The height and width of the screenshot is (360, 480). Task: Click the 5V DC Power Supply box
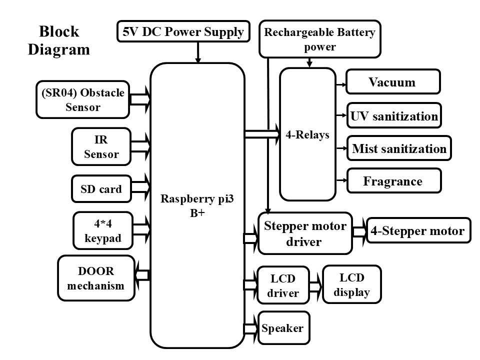pyautogui.click(x=182, y=32)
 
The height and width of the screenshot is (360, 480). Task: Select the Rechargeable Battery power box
pyautogui.click(x=319, y=39)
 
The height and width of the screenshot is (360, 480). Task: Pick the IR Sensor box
pyautogui.click(x=101, y=146)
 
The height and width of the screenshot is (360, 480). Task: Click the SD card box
pyautogui.click(x=101, y=189)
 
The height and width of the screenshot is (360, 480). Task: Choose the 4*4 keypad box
pyautogui.click(x=102, y=230)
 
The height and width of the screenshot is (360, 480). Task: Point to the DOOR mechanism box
pyautogui.click(x=96, y=278)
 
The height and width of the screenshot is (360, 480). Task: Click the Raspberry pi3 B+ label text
pyautogui.click(x=197, y=205)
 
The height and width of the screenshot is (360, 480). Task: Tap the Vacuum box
pyautogui.click(x=393, y=82)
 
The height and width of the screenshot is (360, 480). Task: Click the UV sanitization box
pyautogui.click(x=394, y=116)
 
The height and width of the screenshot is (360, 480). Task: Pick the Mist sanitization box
pyautogui.click(x=399, y=148)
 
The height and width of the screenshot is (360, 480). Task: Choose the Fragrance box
pyautogui.click(x=394, y=180)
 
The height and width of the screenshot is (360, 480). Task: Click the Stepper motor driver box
pyautogui.click(x=305, y=233)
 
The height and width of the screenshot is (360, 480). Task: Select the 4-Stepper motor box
pyautogui.click(x=418, y=230)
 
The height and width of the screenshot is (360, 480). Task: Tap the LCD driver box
pyautogui.click(x=282, y=285)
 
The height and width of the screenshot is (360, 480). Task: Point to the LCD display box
pyautogui.click(x=352, y=284)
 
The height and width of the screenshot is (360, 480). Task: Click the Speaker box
pyautogui.click(x=283, y=328)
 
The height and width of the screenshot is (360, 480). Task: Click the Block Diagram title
pyautogui.click(x=59, y=40)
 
